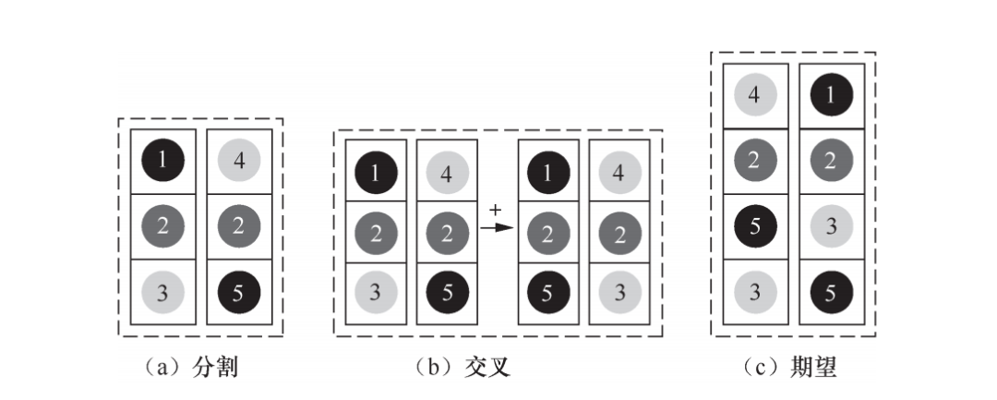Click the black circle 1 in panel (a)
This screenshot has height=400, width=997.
pyautogui.click(x=162, y=161)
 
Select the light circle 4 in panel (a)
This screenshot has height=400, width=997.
pyautogui.click(x=238, y=161)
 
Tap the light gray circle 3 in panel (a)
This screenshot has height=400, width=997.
pyautogui.click(x=162, y=292)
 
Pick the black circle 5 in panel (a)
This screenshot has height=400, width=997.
pyautogui.click(x=238, y=292)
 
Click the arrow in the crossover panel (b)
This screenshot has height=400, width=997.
pyautogui.click(x=496, y=227)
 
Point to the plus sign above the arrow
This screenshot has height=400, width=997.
pyautogui.click(x=495, y=211)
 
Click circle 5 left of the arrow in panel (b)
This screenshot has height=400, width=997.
pyautogui.click(x=448, y=292)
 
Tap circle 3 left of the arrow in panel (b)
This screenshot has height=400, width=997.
pyautogui.click(x=376, y=292)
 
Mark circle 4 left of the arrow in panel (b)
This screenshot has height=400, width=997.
pyautogui.click(x=448, y=171)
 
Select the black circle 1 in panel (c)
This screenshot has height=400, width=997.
pyautogui.click(x=831, y=95)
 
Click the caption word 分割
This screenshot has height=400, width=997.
pyautogui.click(x=216, y=369)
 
